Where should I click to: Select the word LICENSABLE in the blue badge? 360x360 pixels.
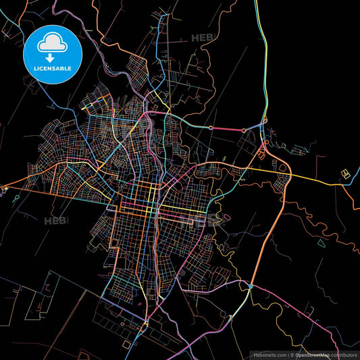coord(53,68)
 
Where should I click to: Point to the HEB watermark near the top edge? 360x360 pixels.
coord(202,38)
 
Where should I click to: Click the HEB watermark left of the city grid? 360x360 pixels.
coord(56,221)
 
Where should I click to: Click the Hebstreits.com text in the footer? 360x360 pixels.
coord(269,353)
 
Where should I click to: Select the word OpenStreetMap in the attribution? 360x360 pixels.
coord(312,353)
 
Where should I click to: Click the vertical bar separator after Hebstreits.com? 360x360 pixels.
coord(288,353)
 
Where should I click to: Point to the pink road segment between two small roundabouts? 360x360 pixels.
coord(236,128)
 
